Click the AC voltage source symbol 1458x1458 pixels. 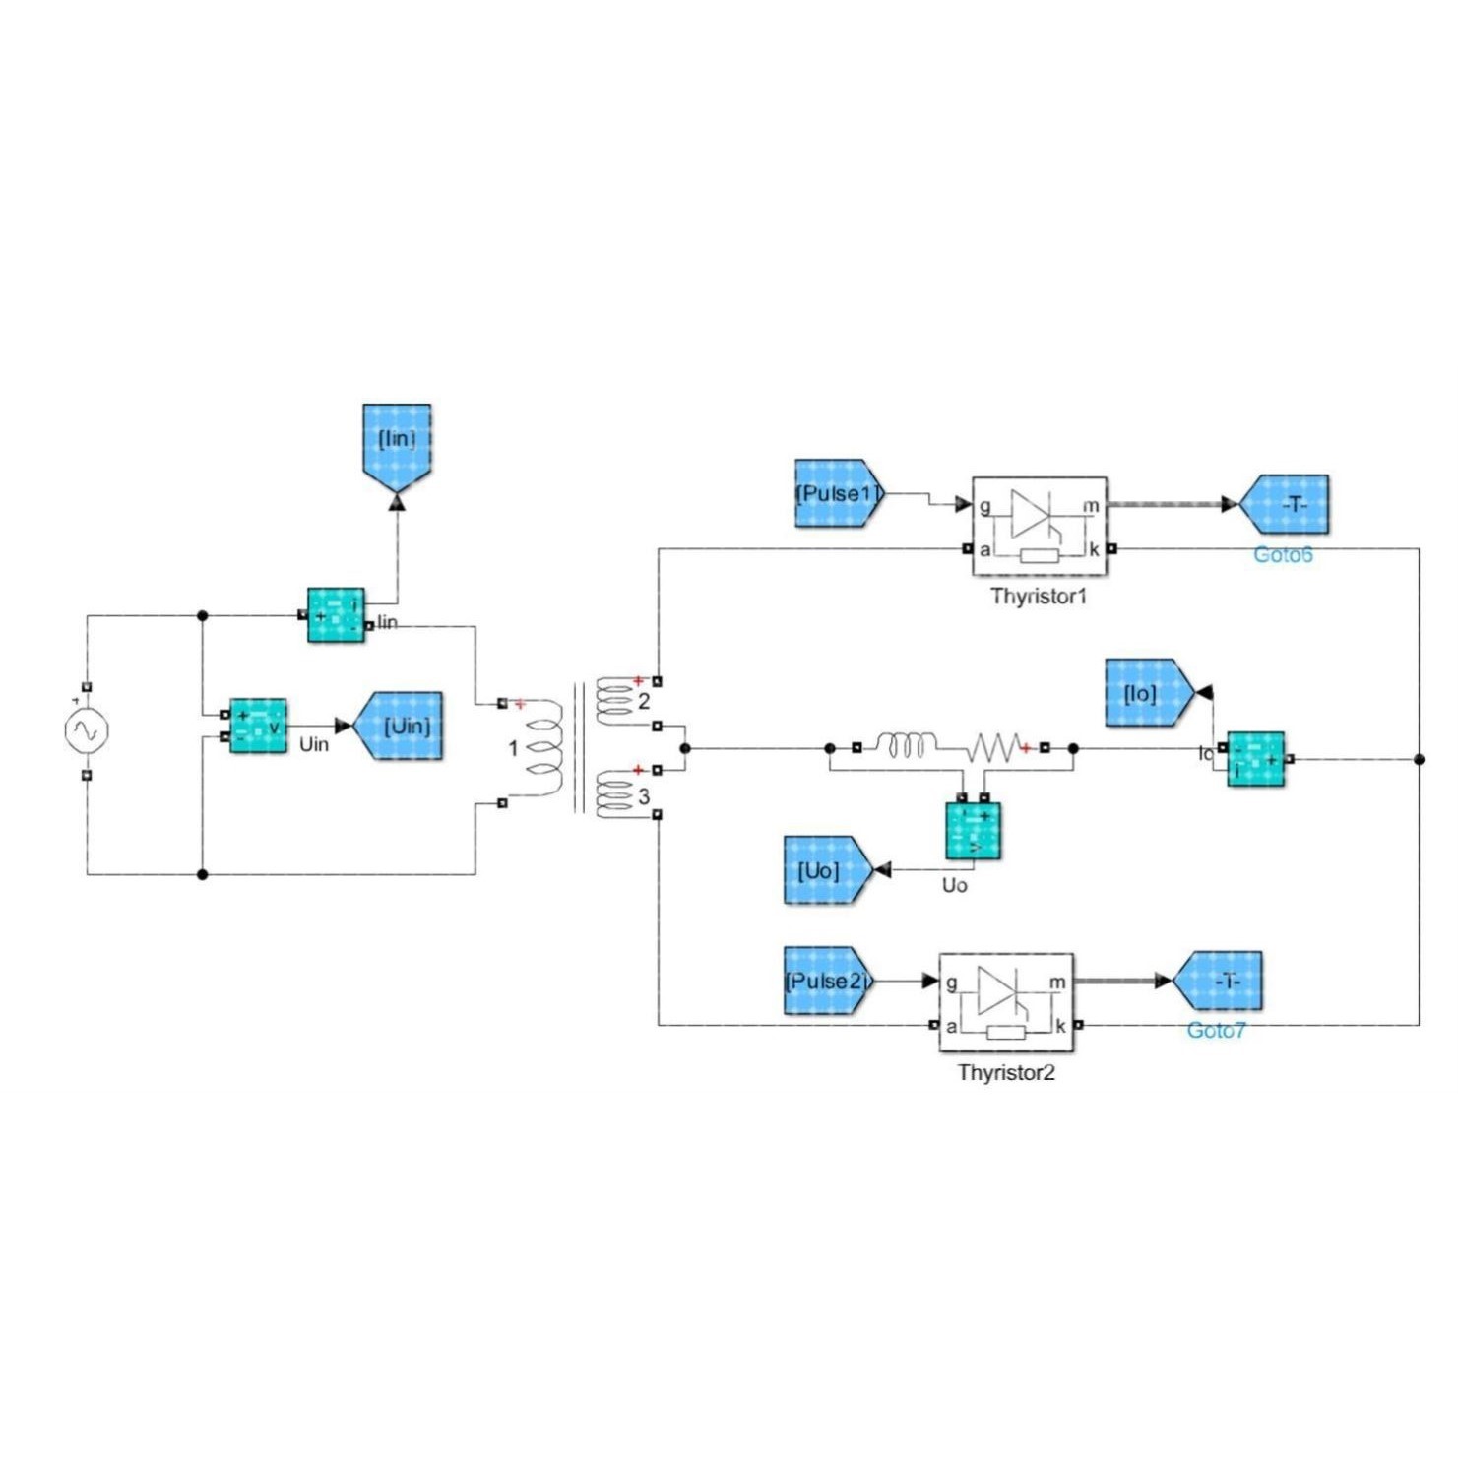click(87, 730)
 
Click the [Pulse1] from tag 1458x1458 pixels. click(838, 493)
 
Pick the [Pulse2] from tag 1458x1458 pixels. click(827, 982)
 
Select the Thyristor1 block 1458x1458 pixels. click(1039, 527)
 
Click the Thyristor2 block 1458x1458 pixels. click(1006, 1002)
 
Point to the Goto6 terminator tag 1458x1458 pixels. click(1286, 504)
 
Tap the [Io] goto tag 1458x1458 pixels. click(1147, 693)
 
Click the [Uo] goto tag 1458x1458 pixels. click(826, 870)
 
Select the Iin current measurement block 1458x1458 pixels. click(336, 615)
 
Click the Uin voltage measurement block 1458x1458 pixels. click(258, 727)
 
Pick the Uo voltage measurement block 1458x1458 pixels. click(973, 831)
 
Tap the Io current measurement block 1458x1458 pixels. click(1256, 759)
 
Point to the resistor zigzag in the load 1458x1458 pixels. click(996, 747)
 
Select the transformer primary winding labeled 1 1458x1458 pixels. click(543, 750)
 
